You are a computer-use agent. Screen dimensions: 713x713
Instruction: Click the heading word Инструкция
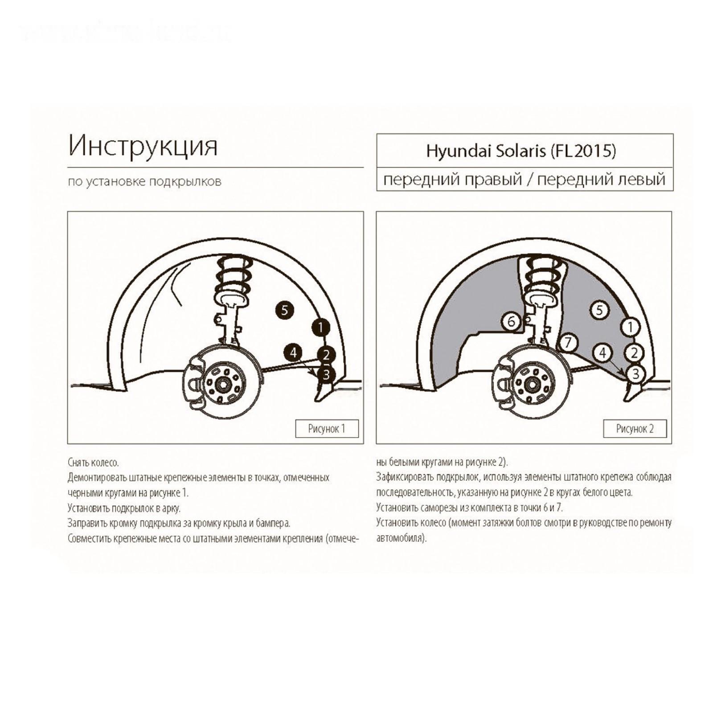coord(143,146)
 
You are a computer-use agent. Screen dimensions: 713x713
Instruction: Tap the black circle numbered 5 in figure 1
coord(284,310)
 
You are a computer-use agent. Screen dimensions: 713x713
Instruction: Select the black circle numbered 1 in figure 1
coord(320,328)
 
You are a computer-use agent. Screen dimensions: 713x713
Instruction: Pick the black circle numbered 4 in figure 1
coord(293,353)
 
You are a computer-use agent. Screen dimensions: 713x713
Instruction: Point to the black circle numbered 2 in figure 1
coord(326,355)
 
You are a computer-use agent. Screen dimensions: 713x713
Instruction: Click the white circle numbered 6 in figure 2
coord(511,321)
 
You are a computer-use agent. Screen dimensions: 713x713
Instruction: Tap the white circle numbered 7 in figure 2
coord(568,343)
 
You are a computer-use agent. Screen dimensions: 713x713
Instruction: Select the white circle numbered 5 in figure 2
coord(599,310)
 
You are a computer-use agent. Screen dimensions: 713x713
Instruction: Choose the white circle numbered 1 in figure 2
coord(630,327)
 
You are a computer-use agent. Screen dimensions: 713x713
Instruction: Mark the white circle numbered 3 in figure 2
coord(636,373)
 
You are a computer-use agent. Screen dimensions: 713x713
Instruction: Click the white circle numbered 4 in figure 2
coord(602,353)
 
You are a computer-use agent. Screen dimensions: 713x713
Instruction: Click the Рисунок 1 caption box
coord(327,429)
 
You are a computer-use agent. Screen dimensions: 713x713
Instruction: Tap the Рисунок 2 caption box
coord(635,429)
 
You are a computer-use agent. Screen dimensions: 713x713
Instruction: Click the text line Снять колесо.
coord(94,463)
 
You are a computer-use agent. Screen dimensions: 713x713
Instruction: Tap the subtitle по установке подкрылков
coord(145,182)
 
